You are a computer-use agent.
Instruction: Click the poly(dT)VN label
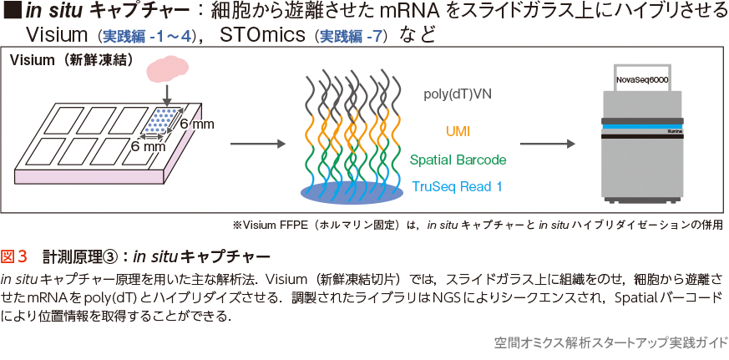point(458,95)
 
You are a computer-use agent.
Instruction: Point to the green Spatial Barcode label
point(458,159)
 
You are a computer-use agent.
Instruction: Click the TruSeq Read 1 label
point(457,186)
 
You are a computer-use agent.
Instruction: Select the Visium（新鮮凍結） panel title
point(58,61)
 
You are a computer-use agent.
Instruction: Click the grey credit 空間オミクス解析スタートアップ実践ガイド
point(610,343)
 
